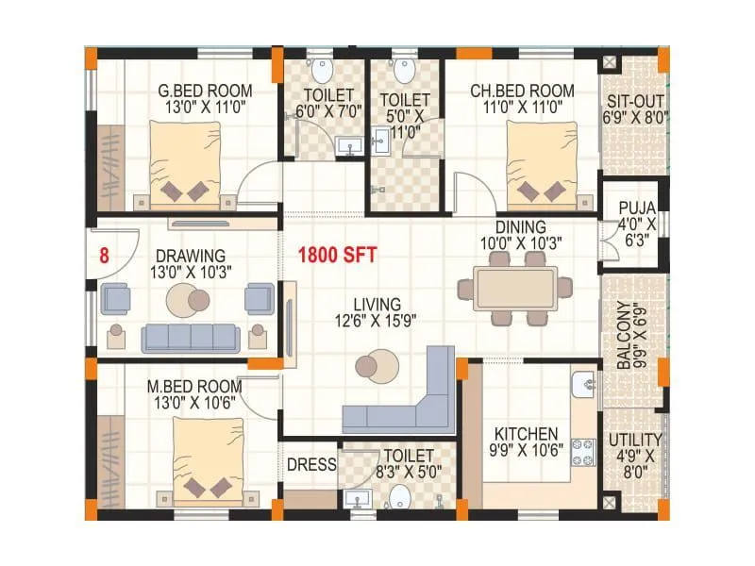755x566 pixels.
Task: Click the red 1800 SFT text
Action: pos(338,255)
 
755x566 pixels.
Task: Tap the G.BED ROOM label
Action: pos(205,92)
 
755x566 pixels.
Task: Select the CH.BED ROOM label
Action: pos(522,92)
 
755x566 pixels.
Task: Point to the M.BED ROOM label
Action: pos(193,387)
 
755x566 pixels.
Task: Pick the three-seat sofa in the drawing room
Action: pos(191,337)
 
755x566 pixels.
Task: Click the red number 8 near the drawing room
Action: pos(105,255)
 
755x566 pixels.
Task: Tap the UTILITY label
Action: pos(635,441)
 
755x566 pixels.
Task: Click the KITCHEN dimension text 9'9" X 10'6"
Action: pos(528,450)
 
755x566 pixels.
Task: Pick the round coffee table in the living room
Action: pos(377,365)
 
